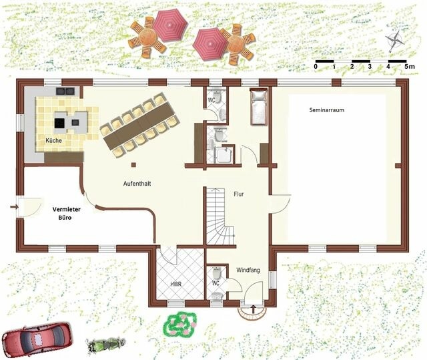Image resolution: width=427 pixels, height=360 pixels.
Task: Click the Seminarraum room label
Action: coord(326,110)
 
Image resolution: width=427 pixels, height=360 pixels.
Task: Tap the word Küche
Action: coord(53,141)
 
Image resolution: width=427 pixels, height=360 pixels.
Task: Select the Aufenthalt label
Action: coord(136,182)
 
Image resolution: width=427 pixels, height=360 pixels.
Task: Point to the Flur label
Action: coord(238,194)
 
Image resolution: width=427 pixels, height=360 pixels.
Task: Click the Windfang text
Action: coord(249,270)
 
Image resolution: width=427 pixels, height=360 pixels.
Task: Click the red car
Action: coord(37,338)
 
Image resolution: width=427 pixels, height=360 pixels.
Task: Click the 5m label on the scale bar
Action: coord(409,67)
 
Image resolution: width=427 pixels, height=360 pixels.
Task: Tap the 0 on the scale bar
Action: coord(315,67)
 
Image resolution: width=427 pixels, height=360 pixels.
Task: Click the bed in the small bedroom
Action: coord(258,107)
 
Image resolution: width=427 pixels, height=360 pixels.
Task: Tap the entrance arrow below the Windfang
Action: coord(254,309)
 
